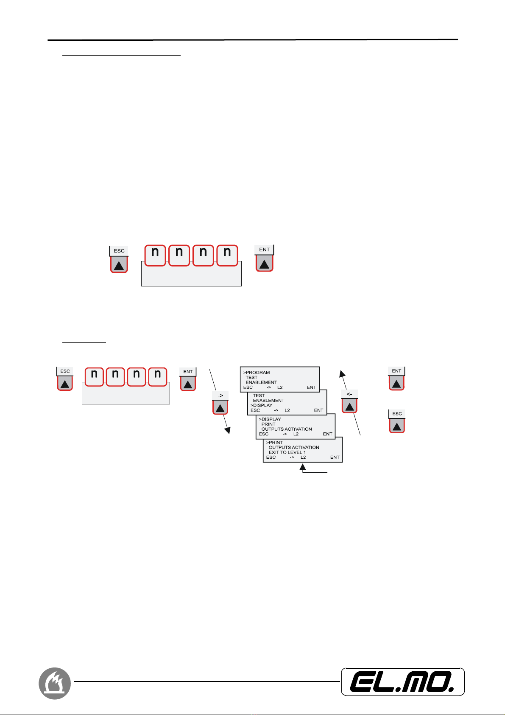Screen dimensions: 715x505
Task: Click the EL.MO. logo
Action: click(402, 682)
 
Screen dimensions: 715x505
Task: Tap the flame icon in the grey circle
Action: click(55, 683)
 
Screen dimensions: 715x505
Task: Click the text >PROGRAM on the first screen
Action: click(257, 373)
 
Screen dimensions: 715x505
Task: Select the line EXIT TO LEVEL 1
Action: click(287, 452)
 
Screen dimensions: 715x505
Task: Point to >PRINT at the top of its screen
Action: click(274, 443)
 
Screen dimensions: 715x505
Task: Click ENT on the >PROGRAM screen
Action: click(311, 387)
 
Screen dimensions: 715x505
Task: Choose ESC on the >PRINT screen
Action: click(271, 457)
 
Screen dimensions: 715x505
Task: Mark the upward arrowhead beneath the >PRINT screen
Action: click(302, 467)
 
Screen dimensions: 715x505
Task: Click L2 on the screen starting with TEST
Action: click(287, 410)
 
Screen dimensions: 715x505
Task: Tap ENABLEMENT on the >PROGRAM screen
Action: click(261, 382)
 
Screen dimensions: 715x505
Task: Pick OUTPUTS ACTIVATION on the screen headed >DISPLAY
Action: click(287, 429)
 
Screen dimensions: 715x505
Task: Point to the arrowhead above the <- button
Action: click(342, 373)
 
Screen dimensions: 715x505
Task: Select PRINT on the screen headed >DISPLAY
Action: click(268, 424)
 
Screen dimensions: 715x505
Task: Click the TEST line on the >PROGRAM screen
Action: click(251, 377)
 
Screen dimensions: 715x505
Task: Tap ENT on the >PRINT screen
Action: click(335, 457)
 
